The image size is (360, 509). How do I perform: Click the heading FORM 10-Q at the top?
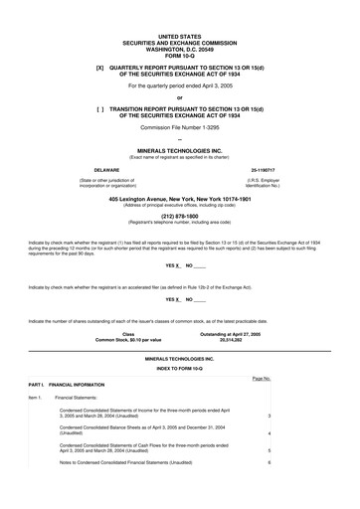click(x=179, y=54)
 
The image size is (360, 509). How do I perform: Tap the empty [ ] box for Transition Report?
click(x=100, y=110)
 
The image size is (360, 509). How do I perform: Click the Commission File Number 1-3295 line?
click(x=179, y=129)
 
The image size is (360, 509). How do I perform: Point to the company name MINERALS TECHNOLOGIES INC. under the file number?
click(x=179, y=150)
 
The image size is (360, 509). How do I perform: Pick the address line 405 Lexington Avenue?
click(x=179, y=199)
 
